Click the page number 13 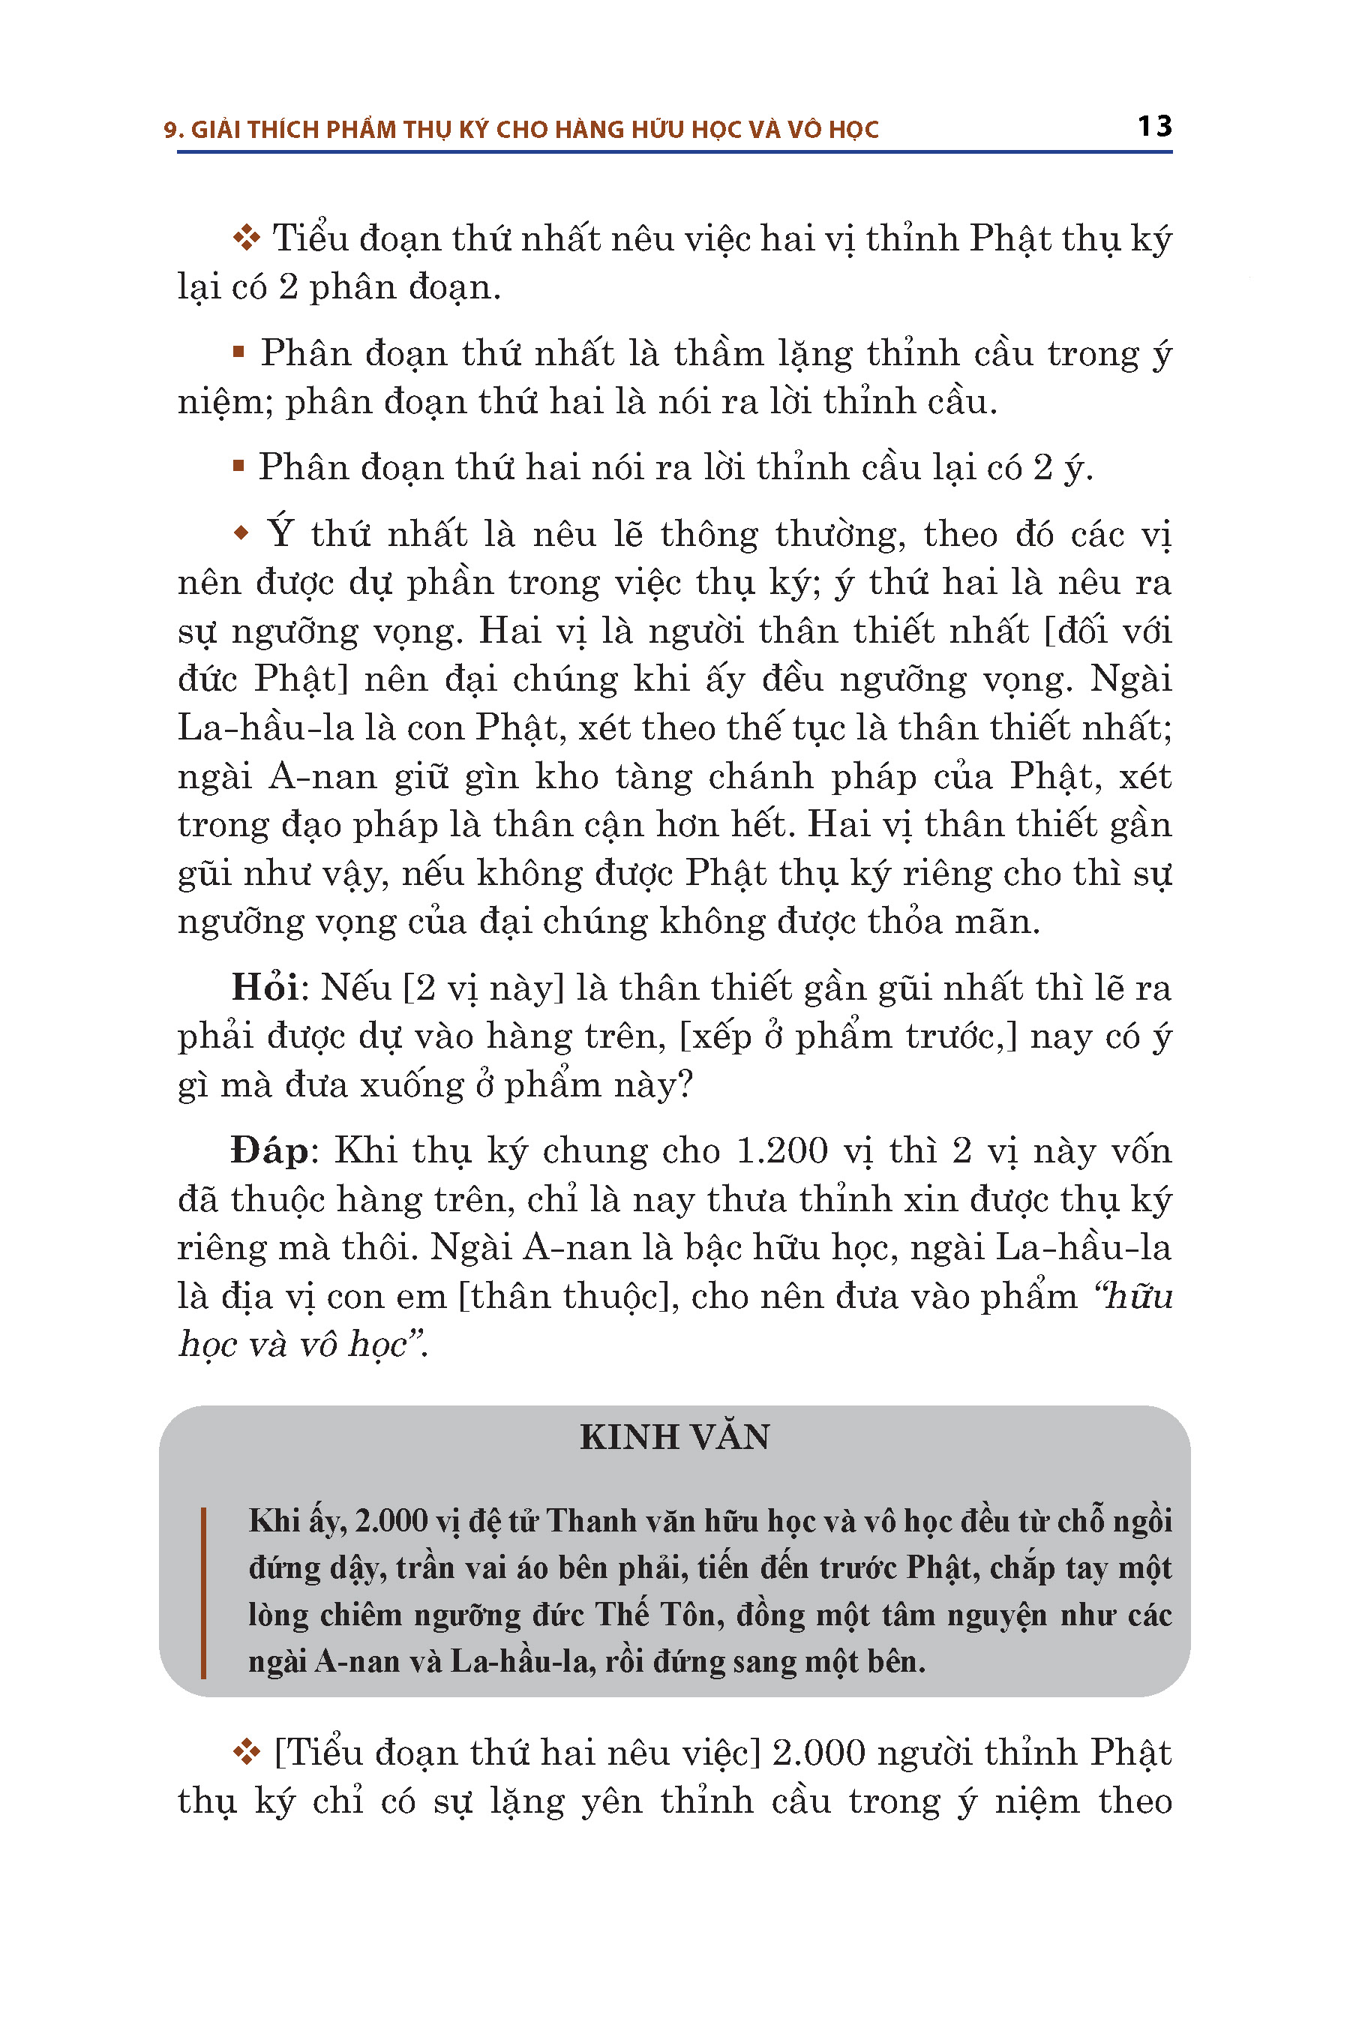click(x=1153, y=127)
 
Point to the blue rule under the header click(x=674, y=152)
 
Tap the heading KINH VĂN click(x=674, y=1437)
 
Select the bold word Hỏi click(x=264, y=988)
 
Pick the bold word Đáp click(x=268, y=1151)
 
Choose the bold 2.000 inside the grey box click(x=391, y=1521)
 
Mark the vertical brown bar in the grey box click(x=203, y=1592)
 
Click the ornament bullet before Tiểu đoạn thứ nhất click(x=246, y=238)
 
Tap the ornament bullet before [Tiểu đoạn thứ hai click(x=246, y=1752)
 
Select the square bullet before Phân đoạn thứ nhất click(x=238, y=351)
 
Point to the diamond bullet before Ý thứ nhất click(x=241, y=534)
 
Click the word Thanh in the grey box click(x=588, y=1521)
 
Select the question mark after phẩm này click(x=685, y=1084)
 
